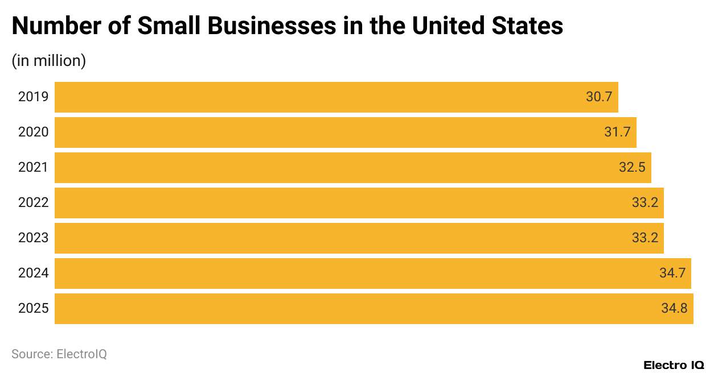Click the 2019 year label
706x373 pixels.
[x=33, y=97]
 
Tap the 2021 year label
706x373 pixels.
[x=33, y=168]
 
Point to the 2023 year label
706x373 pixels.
[x=33, y=238]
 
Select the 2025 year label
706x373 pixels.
[x=33, y=309]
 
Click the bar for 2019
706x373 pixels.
[x=336, y=97]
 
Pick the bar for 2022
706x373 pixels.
[x=359, y=203]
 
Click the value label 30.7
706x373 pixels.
[x=599, y=97]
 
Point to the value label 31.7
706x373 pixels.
[x=617, y=132]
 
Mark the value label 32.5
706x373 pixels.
[x=632, y=168]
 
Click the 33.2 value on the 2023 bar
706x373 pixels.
[x=645, y=238]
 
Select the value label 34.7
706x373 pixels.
[x=672, y=273]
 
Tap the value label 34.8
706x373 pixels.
[x=674, y=309]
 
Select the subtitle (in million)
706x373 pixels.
[x=48, y=61]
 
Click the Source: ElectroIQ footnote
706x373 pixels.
[x=59, y=354]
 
